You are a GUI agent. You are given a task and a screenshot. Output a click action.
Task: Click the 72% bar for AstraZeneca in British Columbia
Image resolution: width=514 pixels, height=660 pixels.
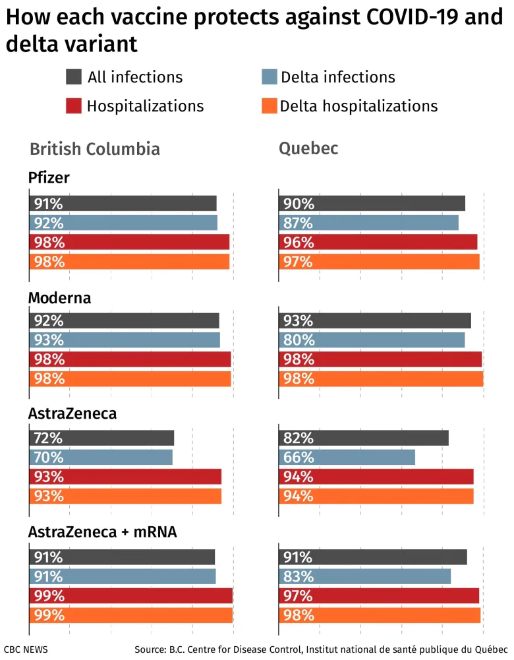click(101, 438)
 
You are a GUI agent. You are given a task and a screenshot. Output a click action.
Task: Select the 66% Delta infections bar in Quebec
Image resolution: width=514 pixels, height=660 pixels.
click(347, 457)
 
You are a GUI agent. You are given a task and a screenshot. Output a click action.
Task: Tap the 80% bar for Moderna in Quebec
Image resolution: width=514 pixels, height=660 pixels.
click(372, 340)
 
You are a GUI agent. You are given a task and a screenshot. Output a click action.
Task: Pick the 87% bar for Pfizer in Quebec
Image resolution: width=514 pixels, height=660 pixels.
click(369, 223)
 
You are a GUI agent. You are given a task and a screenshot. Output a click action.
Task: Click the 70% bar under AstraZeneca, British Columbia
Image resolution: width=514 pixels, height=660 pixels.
click(101, 457)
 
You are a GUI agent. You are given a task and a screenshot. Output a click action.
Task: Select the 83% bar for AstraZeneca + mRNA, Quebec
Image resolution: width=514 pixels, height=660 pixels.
click(365, 576)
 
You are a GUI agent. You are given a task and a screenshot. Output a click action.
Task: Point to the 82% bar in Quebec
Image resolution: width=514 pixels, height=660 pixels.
click(364, 438)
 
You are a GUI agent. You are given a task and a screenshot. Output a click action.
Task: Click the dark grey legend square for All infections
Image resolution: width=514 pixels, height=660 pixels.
click(74, 76)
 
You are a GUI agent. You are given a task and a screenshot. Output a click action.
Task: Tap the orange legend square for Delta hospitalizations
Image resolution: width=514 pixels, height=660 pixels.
click(269, 105)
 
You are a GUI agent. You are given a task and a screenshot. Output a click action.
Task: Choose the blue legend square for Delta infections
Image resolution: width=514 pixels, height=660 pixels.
click(269, 76)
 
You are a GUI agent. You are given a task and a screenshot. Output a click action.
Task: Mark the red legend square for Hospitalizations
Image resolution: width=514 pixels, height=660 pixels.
click(74, 105)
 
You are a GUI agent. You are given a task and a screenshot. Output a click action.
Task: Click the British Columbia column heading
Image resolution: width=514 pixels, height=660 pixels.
click(95, 149)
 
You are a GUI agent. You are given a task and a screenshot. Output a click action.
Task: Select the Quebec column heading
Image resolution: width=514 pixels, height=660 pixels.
click(308, 148)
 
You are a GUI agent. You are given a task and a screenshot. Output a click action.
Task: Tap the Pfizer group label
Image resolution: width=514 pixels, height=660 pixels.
click(49, 178)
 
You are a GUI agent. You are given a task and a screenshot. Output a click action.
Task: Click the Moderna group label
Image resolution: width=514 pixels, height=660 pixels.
click(59, 298)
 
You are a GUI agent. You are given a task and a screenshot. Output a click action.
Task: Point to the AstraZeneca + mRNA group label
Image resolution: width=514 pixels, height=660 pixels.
click(102, 531)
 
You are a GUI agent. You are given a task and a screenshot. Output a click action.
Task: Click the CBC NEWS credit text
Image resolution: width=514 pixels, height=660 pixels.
click(26, 649)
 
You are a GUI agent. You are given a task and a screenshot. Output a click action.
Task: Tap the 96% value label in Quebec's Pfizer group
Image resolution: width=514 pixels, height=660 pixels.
click(299, 243)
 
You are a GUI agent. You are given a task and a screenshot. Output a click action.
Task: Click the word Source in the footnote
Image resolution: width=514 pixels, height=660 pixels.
click(151, 649)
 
